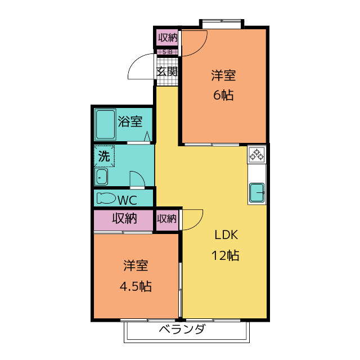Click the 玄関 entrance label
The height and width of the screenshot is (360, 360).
point(167,71)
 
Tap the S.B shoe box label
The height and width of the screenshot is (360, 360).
point(167,52)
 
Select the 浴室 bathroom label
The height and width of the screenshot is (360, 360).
point(130,121)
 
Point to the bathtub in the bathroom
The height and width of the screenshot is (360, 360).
point(105,124)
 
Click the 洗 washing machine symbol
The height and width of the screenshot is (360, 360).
point(104,156)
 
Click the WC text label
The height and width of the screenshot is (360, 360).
point(127,199)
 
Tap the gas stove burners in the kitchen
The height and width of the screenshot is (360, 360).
point(256,154)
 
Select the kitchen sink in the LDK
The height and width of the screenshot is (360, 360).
point(257,192)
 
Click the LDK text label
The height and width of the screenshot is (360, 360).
point(225,235)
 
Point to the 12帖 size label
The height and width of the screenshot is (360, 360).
point(225,255)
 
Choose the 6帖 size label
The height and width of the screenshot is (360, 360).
point(223,94)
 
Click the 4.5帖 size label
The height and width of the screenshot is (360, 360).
point(136,286)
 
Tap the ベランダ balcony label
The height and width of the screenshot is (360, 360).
point(182,330)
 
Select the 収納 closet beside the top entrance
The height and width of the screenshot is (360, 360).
point(167,38)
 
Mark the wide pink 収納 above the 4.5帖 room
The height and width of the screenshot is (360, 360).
point(124,219)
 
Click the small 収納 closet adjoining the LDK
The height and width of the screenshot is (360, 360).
point(167,219)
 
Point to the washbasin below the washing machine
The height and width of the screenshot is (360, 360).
point(102,178)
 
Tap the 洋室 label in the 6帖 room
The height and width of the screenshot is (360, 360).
point(223,74)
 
